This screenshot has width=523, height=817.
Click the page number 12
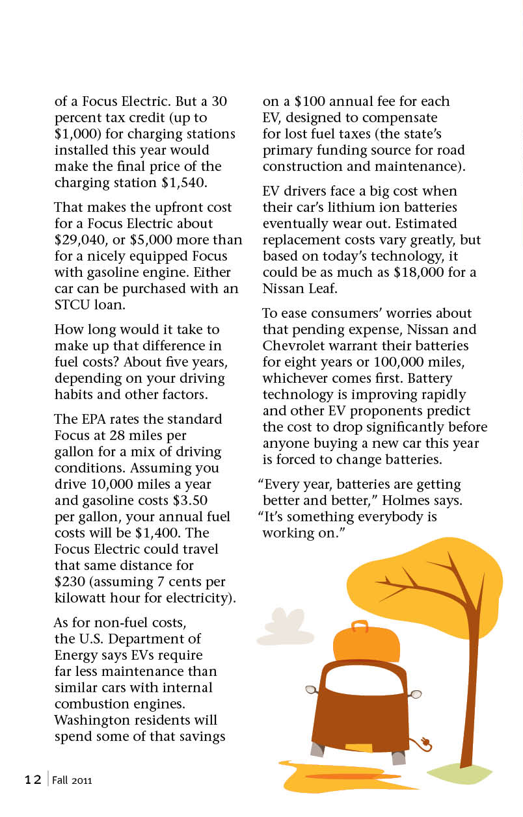tap(33, 779)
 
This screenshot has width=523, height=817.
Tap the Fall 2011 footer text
tap(72, 780)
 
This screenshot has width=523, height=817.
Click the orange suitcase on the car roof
tap(366, 643)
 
